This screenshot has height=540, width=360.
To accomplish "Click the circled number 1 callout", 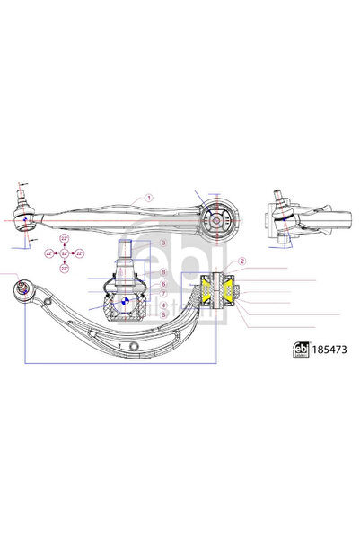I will pyautogui.click(x=150, y=198).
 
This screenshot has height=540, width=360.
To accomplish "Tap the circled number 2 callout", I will pyautogui.click(x=242, y=261).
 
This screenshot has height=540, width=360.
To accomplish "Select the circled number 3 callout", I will pyautogui.click(x=164, y=243).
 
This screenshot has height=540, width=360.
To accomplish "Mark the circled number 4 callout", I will pyautogui.click(x=164, y=305).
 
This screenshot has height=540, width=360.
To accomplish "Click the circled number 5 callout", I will pyautogui.click(x=164, y=314).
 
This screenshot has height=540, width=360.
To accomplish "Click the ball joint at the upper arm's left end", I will pyautogui.click(x=24, y=216).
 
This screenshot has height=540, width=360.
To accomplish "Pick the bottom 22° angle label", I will pyautogui.click(x=65, y=268).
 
